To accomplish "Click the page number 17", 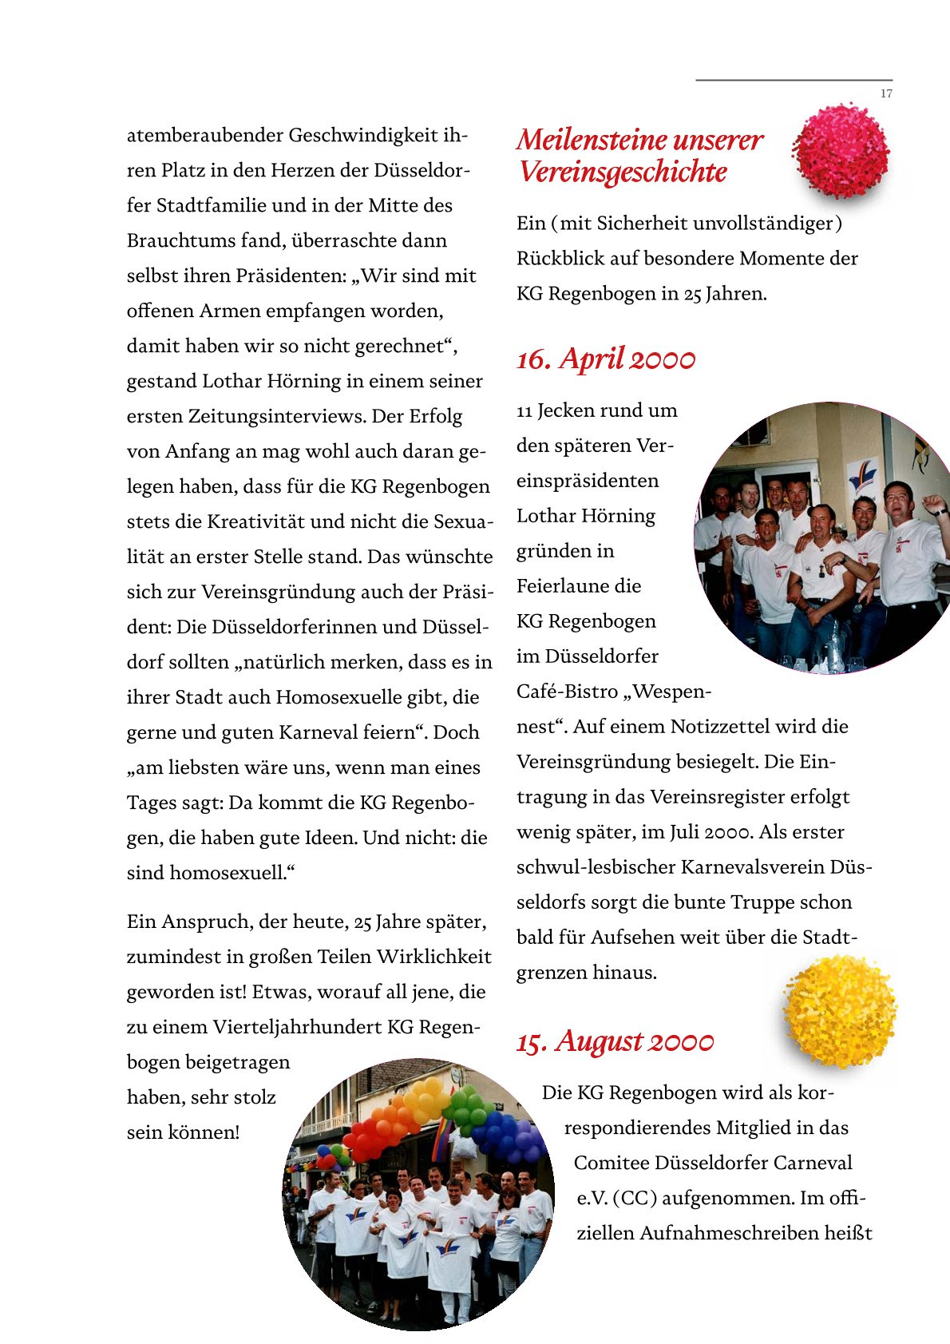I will (886, 94).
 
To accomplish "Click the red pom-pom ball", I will (841, 151).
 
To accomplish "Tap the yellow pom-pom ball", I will (840, 1011).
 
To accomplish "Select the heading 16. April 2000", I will (606, 359).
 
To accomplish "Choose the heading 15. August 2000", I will (615, 1042).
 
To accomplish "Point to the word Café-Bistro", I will (567, 692).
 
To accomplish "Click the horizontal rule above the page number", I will (794, 80).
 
